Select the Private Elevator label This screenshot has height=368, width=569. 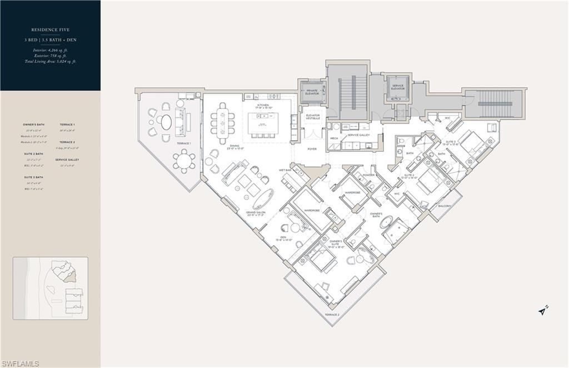point(312,92)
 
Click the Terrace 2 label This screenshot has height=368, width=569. point(332,315)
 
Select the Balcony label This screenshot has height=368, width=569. point(444,206)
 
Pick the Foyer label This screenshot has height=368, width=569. point(312,148)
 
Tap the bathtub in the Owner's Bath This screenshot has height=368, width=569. point(386,222)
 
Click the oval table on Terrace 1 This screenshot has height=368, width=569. point(166,122)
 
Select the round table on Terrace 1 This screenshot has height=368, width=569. point(183,161)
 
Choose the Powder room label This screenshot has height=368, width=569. point(367,174)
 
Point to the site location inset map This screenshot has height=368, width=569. point(51,288)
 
